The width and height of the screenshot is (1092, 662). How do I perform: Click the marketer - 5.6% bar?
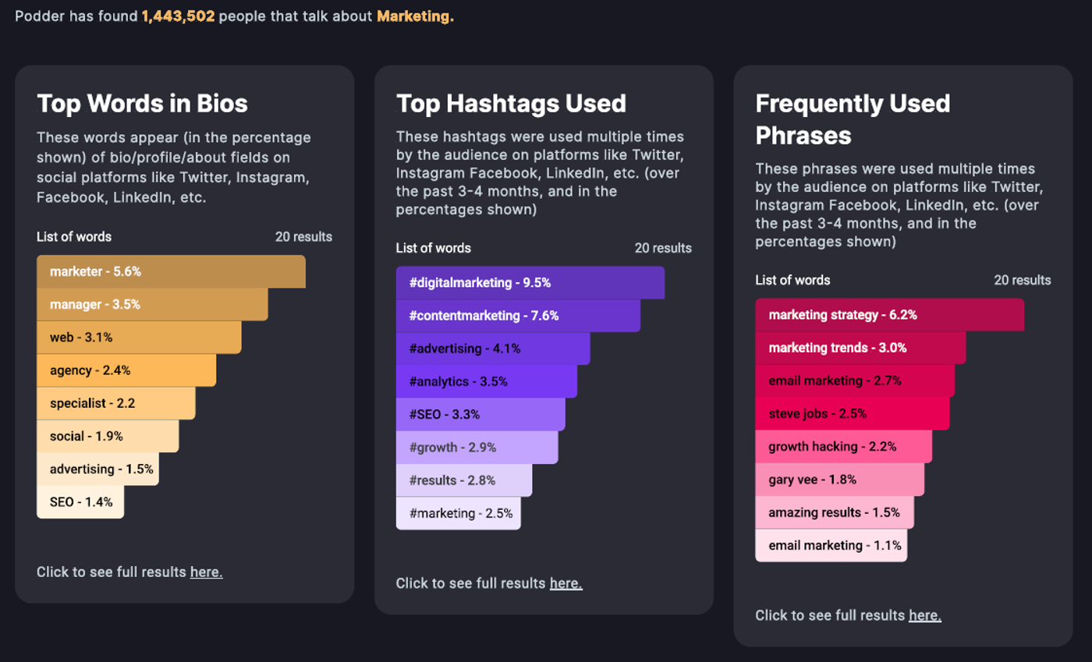pos(171,271)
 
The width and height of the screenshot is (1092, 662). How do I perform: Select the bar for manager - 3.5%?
pos(152,304)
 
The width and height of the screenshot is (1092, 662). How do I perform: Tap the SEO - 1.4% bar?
pos(80,501)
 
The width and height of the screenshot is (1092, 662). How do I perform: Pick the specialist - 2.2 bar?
pos(116,403)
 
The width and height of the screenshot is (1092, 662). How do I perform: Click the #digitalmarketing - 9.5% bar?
pos(530,283)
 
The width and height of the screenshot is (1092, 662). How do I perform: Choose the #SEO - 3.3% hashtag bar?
pos(480,414)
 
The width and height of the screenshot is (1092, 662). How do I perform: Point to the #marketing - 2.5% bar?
pos(459,513)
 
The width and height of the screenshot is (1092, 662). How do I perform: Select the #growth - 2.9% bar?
pos(477,448)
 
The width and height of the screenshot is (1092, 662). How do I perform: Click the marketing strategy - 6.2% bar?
pos(890,315)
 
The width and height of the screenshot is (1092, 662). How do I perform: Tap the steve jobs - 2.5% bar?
pos(853,414)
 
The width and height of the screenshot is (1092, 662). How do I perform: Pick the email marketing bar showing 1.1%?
pos(831,546)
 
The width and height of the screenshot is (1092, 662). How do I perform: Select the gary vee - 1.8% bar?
pos(839,480)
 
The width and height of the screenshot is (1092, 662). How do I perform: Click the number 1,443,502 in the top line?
pos(178,16)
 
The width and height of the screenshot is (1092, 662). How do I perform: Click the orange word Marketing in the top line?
pos(415,16)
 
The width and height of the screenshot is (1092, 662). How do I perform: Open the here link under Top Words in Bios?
pos(206,572)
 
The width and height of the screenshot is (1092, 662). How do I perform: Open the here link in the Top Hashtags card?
pos(566,583)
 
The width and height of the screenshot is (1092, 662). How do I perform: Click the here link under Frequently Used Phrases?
pos(925,615)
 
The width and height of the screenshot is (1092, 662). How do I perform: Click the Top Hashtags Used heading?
pos(511,104)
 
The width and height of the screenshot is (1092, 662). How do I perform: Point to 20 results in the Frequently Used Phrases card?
pos(1023,280)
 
